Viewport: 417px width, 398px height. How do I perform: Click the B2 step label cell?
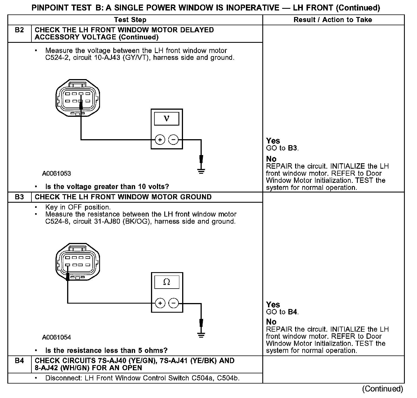(19, 30)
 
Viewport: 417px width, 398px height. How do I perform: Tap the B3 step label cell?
(19, 197)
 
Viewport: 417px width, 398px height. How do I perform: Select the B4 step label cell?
(19, 361)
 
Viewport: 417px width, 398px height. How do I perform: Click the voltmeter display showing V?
(167, 119)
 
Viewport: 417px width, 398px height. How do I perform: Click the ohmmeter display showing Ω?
(167, 282)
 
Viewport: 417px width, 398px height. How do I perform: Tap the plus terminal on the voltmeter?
(160, 140)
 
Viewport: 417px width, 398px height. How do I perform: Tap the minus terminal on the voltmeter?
(173, 140)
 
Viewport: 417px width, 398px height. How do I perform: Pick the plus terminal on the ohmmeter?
(160, 303)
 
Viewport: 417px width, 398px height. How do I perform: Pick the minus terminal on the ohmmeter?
(173, 303)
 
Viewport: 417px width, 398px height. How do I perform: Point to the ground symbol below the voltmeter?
(201, 171)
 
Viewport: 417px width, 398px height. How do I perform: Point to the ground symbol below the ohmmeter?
(201, 335)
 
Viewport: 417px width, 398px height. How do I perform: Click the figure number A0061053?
(56, 173)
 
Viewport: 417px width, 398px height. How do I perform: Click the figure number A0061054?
(56, 337)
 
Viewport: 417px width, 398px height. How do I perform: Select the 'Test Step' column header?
(130, 20)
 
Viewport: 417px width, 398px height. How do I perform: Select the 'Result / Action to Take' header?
(333, 20)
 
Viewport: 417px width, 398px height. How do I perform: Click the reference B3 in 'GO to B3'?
(293, 148)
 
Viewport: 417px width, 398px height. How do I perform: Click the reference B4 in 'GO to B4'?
(293, 312)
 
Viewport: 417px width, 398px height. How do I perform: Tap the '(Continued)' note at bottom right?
(382, 389)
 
